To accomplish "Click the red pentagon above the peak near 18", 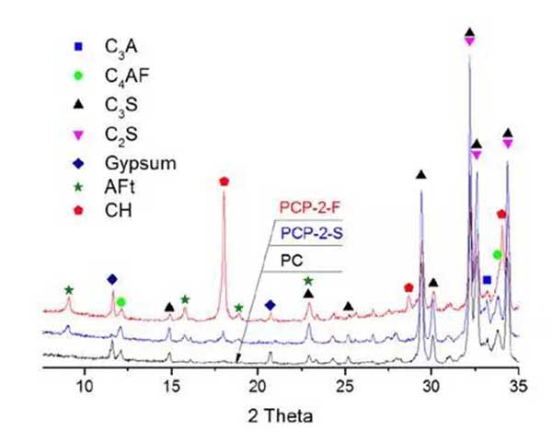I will pyautogui.click(x=224, y=181).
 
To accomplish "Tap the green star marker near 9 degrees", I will pyautogui.click(x=68, y=290).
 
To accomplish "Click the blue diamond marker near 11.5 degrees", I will pyautogui.click(x=112, y=278).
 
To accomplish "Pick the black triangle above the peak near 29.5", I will pyautogui.click(x=420, y=175).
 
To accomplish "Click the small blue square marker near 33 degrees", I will pyautogui.click(x=487, y=279).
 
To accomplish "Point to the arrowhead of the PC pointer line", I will pyautogui.click(x=237, y=363).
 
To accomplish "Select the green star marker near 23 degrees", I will pyautogui.click(x=308, y=281).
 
